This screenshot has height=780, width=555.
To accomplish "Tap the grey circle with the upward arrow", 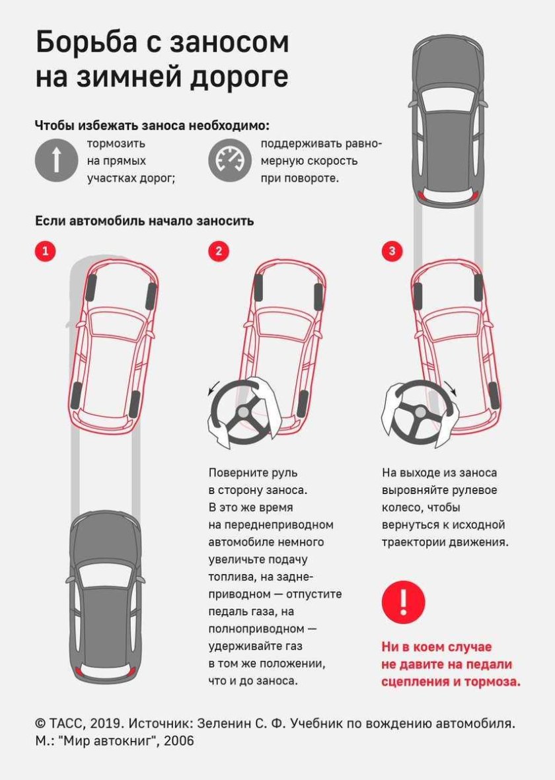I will tap(56, 160).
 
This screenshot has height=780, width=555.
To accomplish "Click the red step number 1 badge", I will tap(45, 251).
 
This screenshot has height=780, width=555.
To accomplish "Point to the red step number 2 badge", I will tap(219, 251).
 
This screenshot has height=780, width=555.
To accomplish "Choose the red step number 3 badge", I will tap(392, 251).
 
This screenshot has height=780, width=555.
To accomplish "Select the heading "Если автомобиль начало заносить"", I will tap(144, 221).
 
